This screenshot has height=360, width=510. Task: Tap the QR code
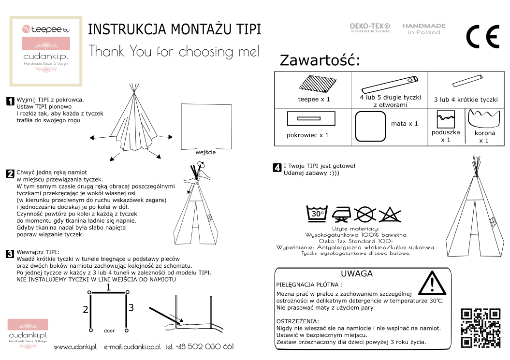(x=481, y=328)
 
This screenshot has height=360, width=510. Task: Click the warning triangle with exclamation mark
(x=433, y=283)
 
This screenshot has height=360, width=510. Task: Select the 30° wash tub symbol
(x=317, y=214)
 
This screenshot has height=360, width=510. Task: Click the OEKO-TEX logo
(x=369, y=28)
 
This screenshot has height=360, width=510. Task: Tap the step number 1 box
(x=10, y=101)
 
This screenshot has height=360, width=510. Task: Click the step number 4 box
(x=277, y=168)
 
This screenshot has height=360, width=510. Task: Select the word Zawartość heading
(x=320, y=61)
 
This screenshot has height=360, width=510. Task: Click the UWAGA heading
(x=356, y=274)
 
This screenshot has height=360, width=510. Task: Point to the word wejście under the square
(x=205, y=152)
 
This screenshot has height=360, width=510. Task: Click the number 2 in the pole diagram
(x=85, y=309)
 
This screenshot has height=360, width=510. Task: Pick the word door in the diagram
(x=109, y=331)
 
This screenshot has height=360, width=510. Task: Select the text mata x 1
(x=404, y=124)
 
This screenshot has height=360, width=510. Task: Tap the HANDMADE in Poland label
(x=424, y=29)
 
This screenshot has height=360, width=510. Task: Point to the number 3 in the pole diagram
(x=131, y=307)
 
